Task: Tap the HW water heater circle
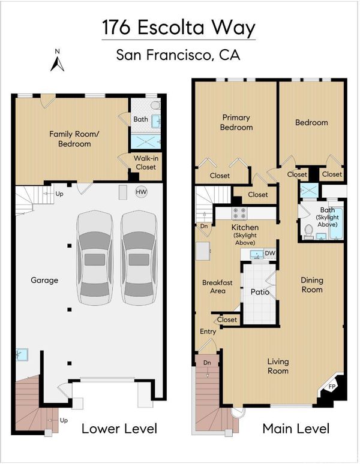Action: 141,192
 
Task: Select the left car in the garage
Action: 95,258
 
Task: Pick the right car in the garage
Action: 139,258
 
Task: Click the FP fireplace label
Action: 332,387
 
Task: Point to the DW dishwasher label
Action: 270,254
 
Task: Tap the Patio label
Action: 260,292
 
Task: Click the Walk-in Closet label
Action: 146,162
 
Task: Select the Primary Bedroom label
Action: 236,122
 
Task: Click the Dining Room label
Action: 312,285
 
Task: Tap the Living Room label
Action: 278,366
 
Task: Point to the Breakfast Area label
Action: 217,287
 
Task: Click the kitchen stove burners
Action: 239,213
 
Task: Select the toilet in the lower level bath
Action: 155,105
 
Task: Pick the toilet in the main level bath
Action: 309,231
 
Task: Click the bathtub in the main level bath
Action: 337,224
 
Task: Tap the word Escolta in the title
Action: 171,28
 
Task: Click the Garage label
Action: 44,280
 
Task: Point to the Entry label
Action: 208,332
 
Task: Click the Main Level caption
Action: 296,429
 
